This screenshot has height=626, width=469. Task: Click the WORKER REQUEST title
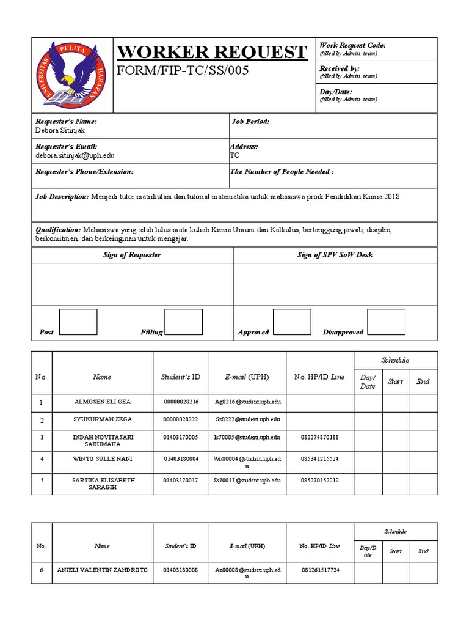click(x=212, y=52)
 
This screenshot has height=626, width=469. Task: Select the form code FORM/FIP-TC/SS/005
click(x=183, y=71)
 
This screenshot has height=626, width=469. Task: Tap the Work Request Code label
click(x=352, y=46)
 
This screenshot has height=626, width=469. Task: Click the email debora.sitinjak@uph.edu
click(x=75, y=155)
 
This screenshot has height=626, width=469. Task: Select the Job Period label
click(x=250, y=122)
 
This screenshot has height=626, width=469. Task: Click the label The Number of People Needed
click(x=282, y=172)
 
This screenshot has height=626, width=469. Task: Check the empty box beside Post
click(x=78, y=322)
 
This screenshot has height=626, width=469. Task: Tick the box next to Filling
click(x=183, y=322)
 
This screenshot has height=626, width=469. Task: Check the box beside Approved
click(x=292, y=322)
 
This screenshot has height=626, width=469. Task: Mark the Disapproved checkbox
click(x=386, y=322)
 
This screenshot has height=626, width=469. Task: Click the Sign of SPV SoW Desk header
click(x=335, y=255)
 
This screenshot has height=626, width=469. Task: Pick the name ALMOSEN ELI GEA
click(x=102, y=402)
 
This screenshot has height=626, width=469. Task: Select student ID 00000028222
click(x=181, y=419)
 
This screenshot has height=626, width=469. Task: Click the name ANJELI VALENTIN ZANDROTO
click(x=102, y=570)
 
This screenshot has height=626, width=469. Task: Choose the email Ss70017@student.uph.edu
click(x=247, y=481)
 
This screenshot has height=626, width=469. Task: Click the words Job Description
click(x=62, y=197)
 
